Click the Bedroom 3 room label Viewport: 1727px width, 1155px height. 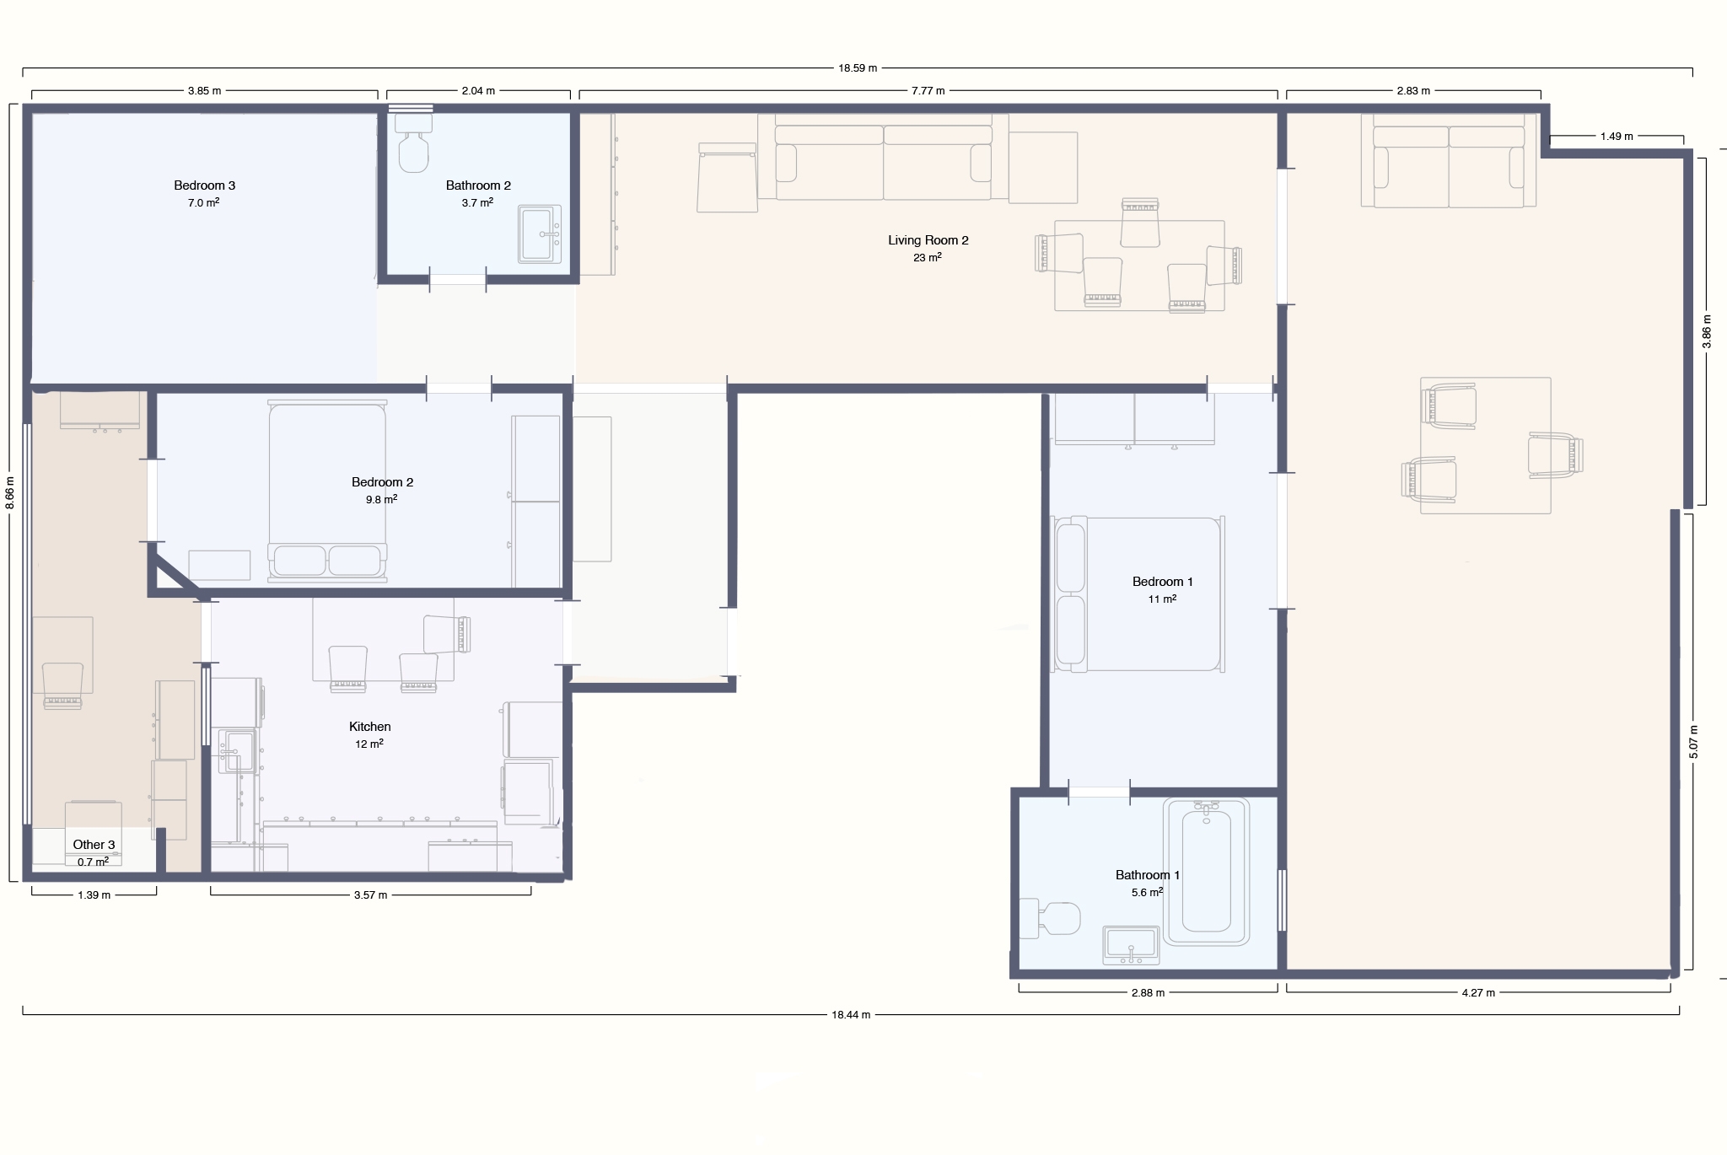pos(204,185)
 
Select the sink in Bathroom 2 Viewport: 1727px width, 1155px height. pos(540,234)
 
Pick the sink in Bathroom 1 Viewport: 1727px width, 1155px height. pos(1131,945)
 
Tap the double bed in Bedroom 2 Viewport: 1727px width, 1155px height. pos(327,492)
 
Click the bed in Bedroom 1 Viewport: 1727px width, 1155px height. pos(1138,594)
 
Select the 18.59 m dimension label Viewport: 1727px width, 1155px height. pos(858,68)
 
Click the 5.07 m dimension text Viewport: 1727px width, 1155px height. pos(1693,742)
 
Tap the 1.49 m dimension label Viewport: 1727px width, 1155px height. pos(1617,137)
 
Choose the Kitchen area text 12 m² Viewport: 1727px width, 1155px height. pos(369,744)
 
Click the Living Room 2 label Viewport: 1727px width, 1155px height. pos(928,240)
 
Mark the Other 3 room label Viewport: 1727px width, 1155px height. pos(94,845)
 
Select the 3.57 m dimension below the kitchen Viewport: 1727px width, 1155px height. pos(370,895)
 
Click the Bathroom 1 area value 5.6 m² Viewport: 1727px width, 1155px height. pos(1148,892)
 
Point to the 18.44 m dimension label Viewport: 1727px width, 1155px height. pos(851,1015)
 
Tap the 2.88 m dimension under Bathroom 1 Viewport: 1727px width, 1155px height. pos(1148,993)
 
